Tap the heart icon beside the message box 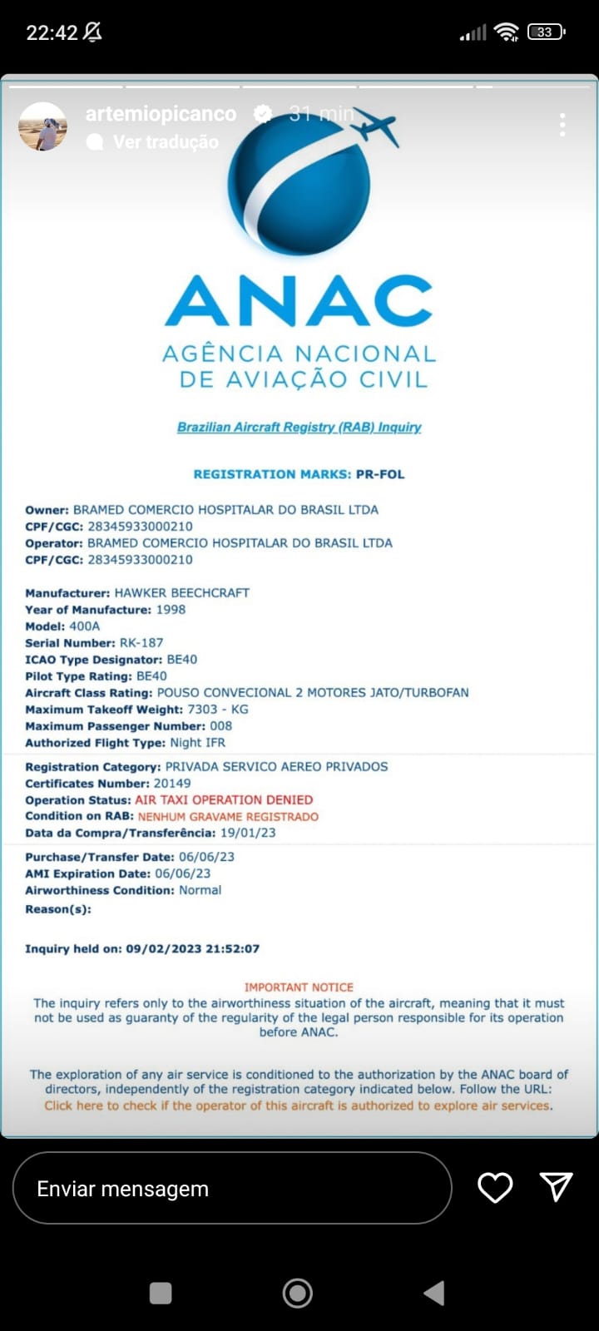495,1188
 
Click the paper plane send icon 556,1187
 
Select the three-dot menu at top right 562,125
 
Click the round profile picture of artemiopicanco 42,127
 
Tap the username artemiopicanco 161,114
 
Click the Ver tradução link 166,142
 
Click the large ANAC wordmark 299,301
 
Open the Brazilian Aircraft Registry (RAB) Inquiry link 299,427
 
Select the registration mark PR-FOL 380,474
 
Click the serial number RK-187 141,642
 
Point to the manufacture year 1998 171,609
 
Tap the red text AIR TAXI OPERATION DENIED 224,799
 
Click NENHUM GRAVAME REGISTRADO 228,816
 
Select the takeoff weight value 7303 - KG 218,709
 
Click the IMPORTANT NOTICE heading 299,987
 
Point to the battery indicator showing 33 546,32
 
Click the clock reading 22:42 52,32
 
